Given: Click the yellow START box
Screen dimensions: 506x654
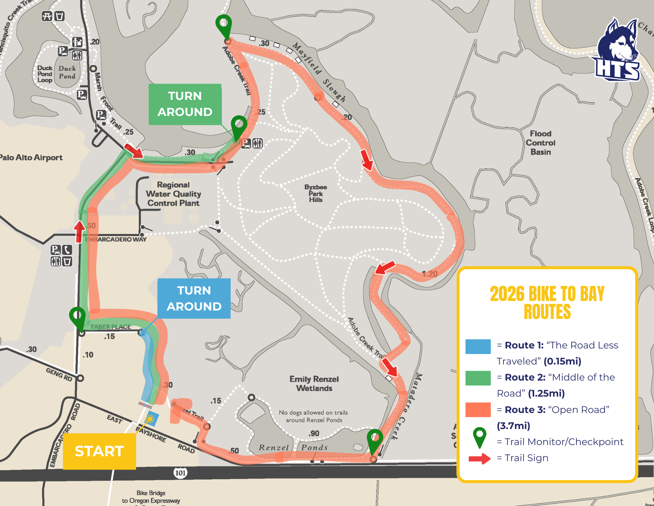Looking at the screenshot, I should tap(99, 451).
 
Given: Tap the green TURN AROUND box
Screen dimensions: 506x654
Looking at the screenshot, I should tap(185, 104).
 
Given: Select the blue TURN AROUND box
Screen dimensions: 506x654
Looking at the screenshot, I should tap(194, 298).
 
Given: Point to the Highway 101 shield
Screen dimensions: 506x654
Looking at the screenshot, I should tap(180, 473).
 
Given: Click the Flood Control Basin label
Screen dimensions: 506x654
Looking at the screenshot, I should tap(540, 143).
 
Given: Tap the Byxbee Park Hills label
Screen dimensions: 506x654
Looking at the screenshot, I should tap(315, 193).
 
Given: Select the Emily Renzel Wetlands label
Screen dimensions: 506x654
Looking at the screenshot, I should tap(314, 384).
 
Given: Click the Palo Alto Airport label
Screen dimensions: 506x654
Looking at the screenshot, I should tap(31, 158).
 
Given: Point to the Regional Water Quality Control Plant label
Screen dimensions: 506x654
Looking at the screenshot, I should tap(173, 194).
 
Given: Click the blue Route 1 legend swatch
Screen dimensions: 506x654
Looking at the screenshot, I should tap(478, 347).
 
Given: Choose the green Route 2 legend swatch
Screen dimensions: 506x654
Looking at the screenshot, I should tap(478, 378).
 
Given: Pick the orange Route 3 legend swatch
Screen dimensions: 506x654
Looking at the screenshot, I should tap(478, 410).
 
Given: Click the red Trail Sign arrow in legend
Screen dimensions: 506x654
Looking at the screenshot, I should tap(479, 459).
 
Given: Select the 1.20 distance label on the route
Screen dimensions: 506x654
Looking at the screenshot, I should tap(430, 274).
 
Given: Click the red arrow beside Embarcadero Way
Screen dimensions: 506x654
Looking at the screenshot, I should tap(79, 232).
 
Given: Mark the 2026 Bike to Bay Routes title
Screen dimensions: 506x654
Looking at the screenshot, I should tap(547, 302).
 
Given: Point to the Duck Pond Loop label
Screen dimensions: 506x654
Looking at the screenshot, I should tap(45, 74).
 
